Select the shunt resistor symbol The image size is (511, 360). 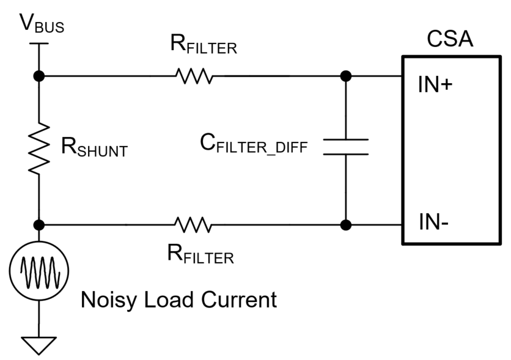[39, 149]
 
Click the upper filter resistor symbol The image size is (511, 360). [194, 76]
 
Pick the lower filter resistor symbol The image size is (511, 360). [194, 225]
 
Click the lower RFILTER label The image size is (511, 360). [200, 255]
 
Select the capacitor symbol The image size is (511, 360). [345, 147]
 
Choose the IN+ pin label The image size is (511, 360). [435, 85]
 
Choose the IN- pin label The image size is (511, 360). [433, 221]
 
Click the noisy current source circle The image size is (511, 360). [39, 269]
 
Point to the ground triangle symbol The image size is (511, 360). [39, 345]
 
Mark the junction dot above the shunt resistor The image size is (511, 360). [39, 76]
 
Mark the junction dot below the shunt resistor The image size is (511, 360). [39, 225]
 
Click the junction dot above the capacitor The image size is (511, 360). [345, 76]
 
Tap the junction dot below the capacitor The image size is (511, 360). [345, 225]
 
